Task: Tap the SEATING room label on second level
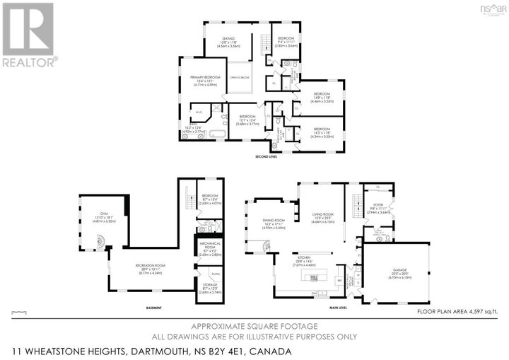228,39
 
